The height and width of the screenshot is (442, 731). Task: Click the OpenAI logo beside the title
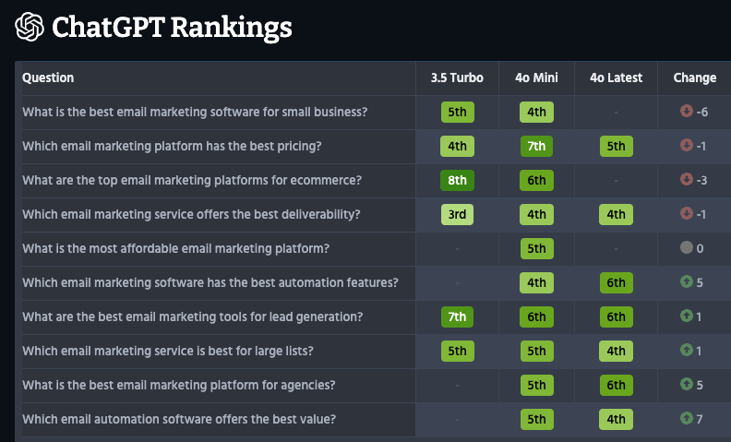(x=30, y=27)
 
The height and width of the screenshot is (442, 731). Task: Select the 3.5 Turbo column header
(x=457, y=78)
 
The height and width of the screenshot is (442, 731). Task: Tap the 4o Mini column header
(x=536, y=78)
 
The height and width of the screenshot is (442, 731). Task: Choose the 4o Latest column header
(x=616, y=78)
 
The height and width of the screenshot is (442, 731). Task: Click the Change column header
(x=694, y=78)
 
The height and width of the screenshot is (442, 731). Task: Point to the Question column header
(x=48, y=78)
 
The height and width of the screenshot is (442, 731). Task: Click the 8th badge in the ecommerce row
(x=457, y=180)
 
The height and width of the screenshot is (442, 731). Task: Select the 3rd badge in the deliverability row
(x=457, y=214)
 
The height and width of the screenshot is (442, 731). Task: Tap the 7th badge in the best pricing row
(x=536, y=146)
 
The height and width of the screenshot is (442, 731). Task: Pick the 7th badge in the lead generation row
(x=457, y=317)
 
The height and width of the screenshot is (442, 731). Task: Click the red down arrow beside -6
(x=685, y=112)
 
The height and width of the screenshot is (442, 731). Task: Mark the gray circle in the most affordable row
(x=685, y=248)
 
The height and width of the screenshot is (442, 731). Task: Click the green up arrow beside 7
(x=685, y=419)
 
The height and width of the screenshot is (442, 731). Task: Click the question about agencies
(x=178, y=385)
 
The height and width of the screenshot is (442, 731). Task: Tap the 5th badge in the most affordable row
(x=536, y=248)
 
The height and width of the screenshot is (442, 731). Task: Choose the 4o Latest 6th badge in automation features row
(x=616, y=282)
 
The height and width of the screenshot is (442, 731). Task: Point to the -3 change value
(x=701, y=180)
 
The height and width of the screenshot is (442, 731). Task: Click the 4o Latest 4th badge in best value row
(x=616, y=419)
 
